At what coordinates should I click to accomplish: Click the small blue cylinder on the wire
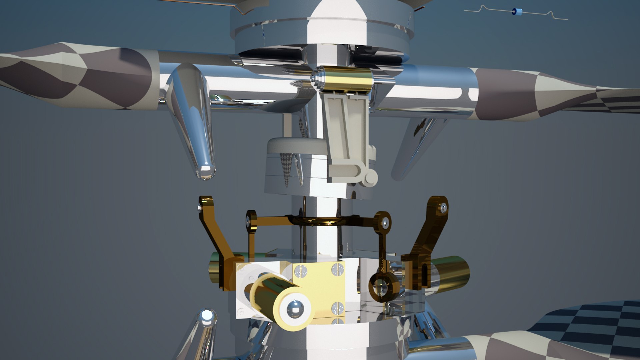[x=517, y=12]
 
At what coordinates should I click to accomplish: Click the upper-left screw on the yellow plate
[x=301, y=271]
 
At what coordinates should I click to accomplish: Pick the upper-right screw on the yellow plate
[x=338, y=269]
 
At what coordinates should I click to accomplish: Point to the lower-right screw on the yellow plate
[x=337, y=308]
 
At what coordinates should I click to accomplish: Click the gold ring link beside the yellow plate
[x=384, y=288]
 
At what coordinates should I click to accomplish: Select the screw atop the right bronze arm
[x=443, y=208]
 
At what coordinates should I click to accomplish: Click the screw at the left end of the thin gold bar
[x=248, y=220]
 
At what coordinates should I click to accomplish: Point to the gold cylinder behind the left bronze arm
[x=217, y=267]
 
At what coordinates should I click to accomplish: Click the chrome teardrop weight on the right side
[x=417, y=147]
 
